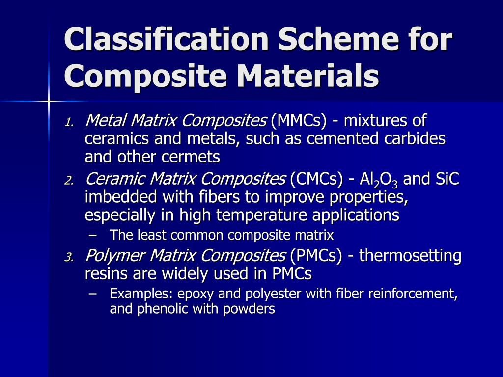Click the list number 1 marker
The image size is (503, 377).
coord(69,122)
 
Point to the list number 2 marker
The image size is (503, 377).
coord(69,181)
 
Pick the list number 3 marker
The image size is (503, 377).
coord(69,257)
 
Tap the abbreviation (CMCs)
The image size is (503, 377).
coord(316,180)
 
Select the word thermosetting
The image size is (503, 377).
coord(410,256)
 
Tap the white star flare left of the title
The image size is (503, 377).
coord(49,102)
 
